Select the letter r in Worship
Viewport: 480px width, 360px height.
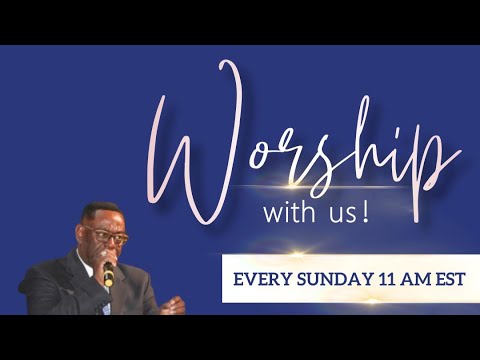pos(310,160)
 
